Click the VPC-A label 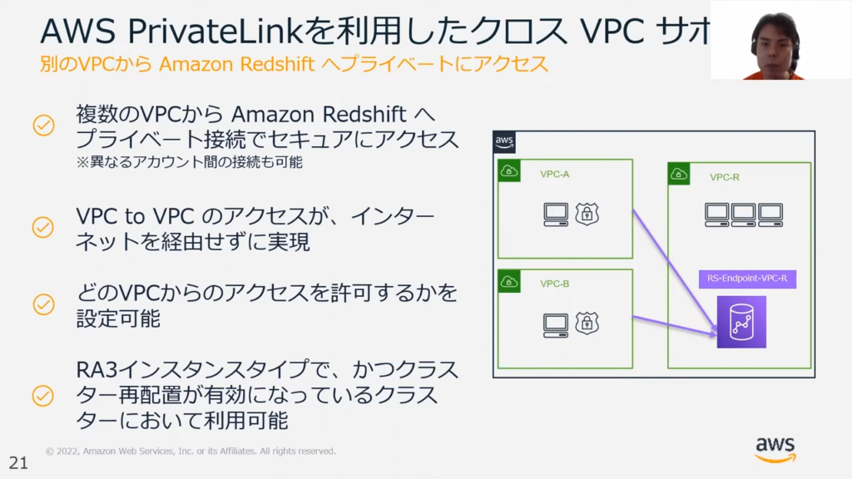pos(555,175)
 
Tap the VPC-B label pos(555,284)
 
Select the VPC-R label pos(725,178)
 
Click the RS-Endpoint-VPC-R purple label pos(747,279)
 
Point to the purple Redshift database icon pos(741,322)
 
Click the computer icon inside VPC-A pos(556,215)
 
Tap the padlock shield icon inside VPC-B pos(587,323)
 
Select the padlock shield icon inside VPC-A pos(587,214)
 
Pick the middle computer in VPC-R pos(744,215)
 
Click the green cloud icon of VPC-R pos(679,175)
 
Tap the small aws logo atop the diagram pos(504,141)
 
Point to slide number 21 pos(17,462)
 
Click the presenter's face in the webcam pos(775,42)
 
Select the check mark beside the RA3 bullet pos(43,395)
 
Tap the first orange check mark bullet pos(43,126)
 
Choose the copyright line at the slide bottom pos(191,452)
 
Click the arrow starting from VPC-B pos(674,327)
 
